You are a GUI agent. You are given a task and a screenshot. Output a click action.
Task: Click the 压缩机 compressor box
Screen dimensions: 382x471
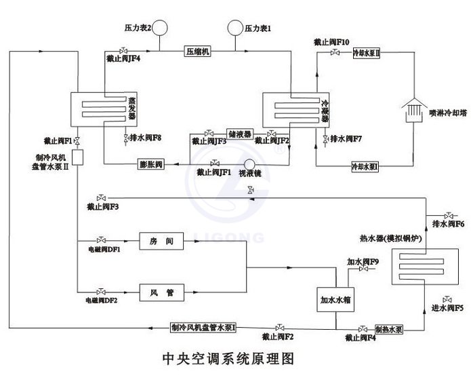[198, 51]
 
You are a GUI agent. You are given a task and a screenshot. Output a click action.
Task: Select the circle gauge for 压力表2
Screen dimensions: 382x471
[161, 28]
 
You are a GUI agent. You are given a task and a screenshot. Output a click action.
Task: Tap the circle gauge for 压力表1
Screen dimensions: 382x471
[235, 28]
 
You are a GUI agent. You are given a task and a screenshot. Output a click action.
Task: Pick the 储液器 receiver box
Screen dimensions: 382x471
[240, 134]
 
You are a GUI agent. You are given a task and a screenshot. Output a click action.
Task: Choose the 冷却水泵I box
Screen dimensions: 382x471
[365, 166]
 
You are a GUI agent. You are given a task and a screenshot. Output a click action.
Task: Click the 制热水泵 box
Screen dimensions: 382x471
[389, 328]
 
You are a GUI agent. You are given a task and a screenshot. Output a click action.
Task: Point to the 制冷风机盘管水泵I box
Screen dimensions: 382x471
[203, 328]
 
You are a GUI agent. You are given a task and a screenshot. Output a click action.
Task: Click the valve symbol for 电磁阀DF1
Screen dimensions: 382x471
[101, 241]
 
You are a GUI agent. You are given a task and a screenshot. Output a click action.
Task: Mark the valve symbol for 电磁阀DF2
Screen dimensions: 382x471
[101, 292]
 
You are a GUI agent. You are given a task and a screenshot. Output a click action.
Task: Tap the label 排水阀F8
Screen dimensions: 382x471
[145, 137]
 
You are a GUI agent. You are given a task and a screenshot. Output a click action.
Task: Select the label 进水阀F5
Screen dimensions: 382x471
[447, 308]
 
